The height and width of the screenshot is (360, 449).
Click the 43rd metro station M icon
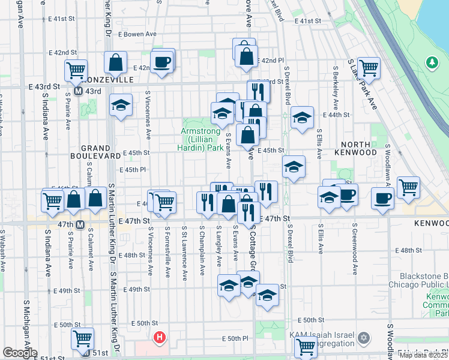point(78,91)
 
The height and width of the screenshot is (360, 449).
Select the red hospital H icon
point(159,338)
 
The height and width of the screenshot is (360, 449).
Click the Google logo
point(20,353)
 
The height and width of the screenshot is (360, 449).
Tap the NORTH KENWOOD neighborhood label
point(367,148)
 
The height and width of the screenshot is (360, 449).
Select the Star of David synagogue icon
point(362,338)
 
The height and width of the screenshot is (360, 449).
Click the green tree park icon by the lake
point(431,62)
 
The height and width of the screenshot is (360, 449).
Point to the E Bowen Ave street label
point(137,35)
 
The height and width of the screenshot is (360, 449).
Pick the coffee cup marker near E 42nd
point(162,61)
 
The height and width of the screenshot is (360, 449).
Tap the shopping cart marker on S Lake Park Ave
point(368,68)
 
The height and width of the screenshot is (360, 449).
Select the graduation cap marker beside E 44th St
point(302,117)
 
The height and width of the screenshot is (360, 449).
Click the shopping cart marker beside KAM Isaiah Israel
point(306,346)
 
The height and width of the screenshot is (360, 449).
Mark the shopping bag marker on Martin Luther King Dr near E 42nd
point(115,62)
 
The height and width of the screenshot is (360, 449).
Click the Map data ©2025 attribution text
point(424,355)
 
